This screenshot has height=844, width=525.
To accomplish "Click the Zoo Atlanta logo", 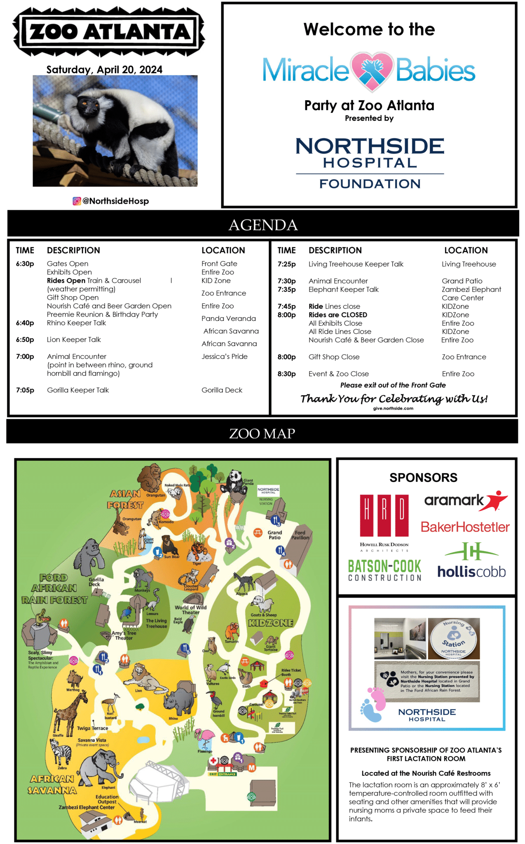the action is (x=109, y=32).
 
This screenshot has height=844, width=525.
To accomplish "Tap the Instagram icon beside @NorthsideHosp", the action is (x=77, y=201).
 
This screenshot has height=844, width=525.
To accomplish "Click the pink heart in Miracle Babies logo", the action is (x=372, y=71).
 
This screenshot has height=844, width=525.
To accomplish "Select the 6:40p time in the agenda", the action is (x=25, y=323).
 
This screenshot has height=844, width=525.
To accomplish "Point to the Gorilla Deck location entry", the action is (x=222, y=390).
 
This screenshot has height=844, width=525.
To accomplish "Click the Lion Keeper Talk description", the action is (x=74, y=340).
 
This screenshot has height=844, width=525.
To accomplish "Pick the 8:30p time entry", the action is (x=286, y=374).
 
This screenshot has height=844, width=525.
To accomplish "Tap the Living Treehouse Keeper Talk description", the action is (x=356, y=264).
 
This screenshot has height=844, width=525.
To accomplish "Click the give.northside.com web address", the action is (x=393, y=408).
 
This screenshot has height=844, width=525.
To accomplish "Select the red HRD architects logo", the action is (x=384, y=515).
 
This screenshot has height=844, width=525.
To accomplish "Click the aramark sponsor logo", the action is (x=466, y=500).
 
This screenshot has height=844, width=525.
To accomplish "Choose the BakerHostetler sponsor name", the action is (x=465, y=527).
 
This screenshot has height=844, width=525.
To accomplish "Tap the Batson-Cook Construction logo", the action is (x=384, y=570).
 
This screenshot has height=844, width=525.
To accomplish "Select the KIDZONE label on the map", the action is (x=271, y=623).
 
